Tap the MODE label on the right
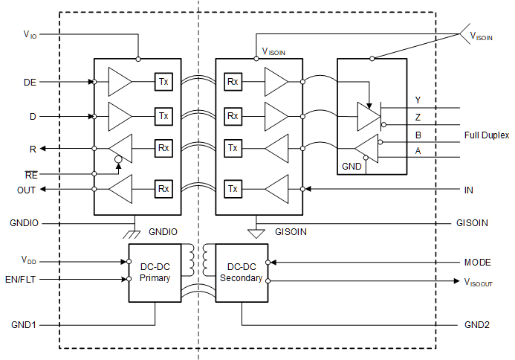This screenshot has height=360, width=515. (x=479, y=263)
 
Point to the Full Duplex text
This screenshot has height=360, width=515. (x=487, y=135)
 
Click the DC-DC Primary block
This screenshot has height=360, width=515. (x=156, y=272)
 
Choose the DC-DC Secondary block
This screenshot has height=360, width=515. (x=242, y=272)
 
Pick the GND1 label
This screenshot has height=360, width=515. (x=24, y=325)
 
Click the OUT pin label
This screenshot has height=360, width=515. (x=27, y=189)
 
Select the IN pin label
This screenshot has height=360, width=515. (x=468, y=190)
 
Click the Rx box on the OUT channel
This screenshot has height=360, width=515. (x=163, y=189)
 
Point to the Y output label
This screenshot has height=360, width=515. (x=418, y=100)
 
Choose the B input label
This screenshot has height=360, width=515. (x=418, y=135)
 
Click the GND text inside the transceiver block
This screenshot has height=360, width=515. (x=352, y=167)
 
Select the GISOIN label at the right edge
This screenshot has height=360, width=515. (x=472, y=222)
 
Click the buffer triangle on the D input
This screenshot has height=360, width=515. (x=120, y=116)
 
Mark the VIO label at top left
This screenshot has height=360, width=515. (x=30, y=34)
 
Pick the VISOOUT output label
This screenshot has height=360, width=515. (x=479, y=282)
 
